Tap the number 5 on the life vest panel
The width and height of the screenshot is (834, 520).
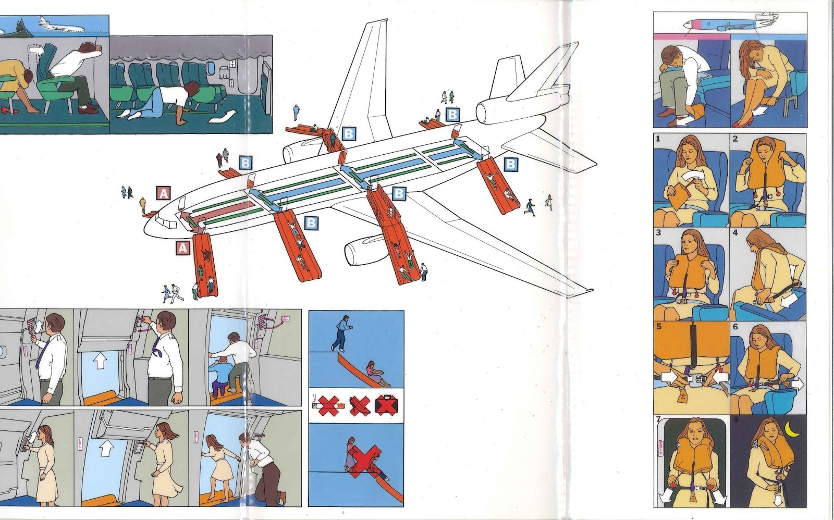click(x=659, y=327)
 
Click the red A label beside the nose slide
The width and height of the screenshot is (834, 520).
click(x=182, y=249)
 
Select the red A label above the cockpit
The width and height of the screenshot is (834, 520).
click(x=164, y=194)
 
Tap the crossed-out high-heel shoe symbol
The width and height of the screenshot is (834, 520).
click(x=359, y=404)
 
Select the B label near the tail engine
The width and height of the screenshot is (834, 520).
click(x=452, y=114)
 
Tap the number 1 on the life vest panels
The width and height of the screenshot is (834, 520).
click(x=658, y=139)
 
